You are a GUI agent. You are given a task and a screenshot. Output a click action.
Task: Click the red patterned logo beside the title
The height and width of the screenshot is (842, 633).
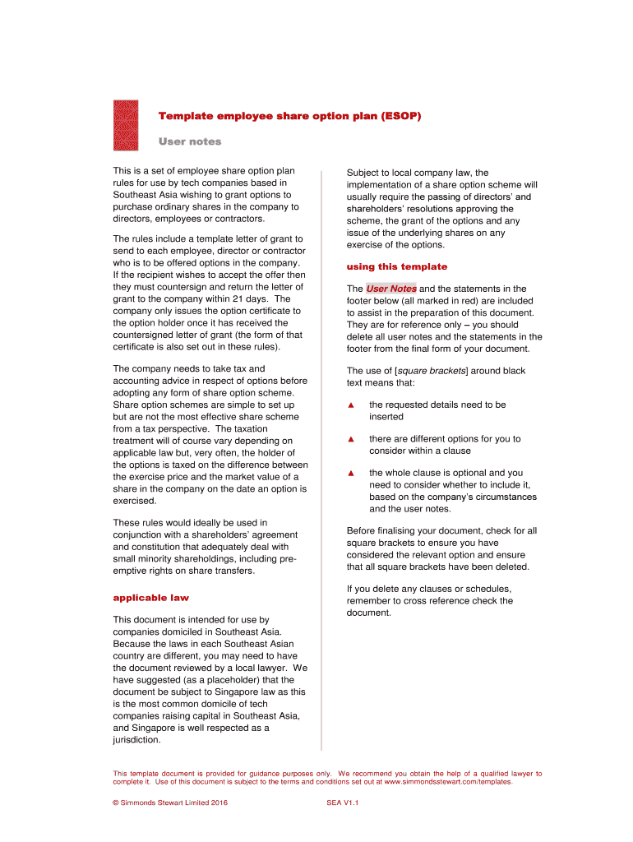(125, 125)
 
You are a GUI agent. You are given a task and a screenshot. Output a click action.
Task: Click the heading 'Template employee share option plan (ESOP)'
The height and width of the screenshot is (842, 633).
(289, 116)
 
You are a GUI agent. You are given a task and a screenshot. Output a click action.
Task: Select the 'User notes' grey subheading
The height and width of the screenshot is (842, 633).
(190, 141)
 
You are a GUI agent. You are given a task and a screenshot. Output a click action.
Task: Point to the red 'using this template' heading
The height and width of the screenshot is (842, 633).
(397, 266)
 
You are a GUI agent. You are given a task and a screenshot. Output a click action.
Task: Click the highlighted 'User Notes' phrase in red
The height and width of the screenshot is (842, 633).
(391, 289)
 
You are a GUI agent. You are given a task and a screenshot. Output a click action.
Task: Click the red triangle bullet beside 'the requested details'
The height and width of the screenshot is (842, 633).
(350, 405)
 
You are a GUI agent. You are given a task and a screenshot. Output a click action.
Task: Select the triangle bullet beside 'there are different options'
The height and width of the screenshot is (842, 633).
(350, 439)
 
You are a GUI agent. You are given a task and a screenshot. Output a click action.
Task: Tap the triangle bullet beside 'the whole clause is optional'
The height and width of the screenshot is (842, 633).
(350, 473)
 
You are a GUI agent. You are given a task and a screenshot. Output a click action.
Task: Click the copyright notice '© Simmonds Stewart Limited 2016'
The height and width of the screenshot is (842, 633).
(170, 803)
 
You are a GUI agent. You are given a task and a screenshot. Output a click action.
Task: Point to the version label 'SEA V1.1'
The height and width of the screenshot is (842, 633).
(343, 803)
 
